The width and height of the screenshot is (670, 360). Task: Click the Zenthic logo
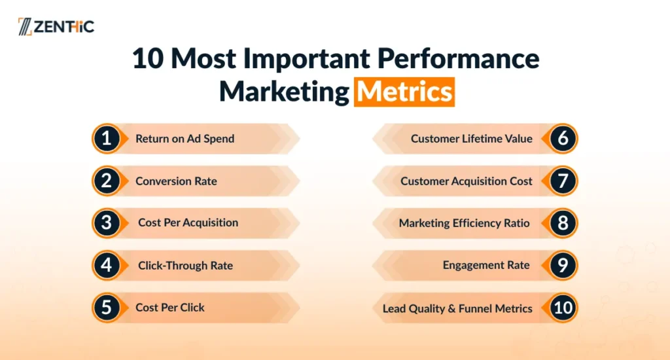(x=56, y=26)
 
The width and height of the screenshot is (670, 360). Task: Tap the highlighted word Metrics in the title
(x=404, y=92)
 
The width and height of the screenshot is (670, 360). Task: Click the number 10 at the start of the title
(x=148, y=58)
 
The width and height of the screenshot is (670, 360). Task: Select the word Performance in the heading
(x=458, y=58)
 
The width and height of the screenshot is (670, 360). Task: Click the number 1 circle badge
(x=107, y=139)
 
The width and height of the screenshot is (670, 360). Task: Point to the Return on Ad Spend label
(x=185, y=139)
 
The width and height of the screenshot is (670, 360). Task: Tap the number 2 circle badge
(x=107, y=181)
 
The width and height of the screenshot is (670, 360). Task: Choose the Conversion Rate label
(x=176, y=181)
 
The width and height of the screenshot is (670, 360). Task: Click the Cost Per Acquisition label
(x=188, y=223)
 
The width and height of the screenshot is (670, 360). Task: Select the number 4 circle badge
(x=107, y=265)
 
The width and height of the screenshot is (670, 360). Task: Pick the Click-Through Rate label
(x=185, y=266)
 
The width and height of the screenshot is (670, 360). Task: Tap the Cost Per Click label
(x=170, y=308)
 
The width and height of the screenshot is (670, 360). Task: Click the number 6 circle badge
(x=563, y=139)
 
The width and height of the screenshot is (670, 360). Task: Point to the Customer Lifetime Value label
(x=472, y=139)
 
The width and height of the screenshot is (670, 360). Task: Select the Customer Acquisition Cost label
(x=466, y=181)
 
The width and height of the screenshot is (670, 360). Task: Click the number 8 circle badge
(x=563, y=223)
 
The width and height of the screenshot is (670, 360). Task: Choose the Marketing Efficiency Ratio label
(x=465, y=223)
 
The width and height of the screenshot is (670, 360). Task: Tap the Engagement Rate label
(x=486, y=265)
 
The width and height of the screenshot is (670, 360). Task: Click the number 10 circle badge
(x=563, y=308)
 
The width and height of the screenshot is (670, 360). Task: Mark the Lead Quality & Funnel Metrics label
(x=457, y=308)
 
